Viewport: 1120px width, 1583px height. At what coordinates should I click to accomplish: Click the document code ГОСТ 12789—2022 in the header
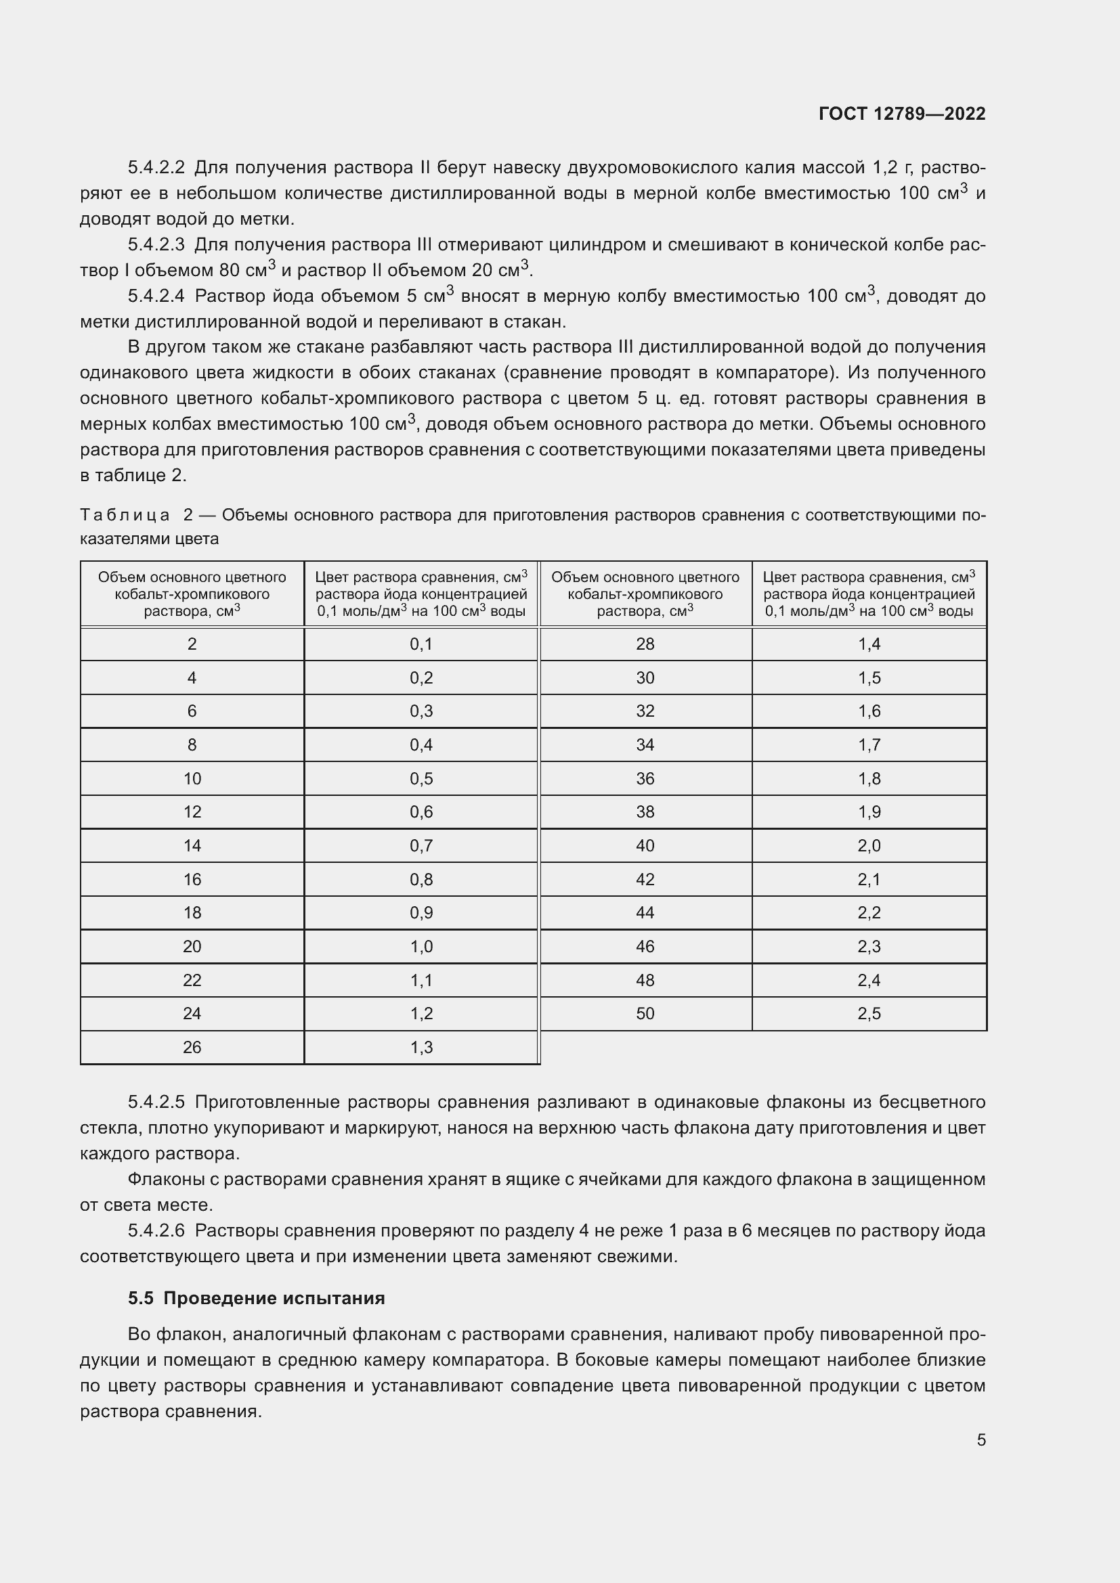click(x=901, y=114)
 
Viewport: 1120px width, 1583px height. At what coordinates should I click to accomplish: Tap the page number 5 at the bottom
click(x=981, y=1440)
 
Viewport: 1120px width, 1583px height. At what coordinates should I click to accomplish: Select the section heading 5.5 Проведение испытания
click(x=256, y=1298)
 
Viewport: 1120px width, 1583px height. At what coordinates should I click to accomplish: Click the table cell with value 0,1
click(x=421, y=644)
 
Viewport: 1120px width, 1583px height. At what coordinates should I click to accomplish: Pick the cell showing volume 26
click(x=192, y=1047)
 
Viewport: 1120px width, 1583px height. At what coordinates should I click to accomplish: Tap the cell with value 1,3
click(x=421, y=1047)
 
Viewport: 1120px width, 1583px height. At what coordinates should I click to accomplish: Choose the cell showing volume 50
click(x=645, y=1014)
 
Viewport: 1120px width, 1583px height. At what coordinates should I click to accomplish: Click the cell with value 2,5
click(x=869, y=1014)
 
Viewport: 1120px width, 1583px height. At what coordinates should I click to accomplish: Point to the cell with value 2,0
click(x=869, y=845)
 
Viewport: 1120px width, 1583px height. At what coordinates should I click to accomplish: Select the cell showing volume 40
click(x=645, y=845)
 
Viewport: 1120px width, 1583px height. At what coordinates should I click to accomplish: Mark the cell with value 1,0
click(x=421, y=946)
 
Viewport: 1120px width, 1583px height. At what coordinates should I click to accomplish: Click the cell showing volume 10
click(x=192, y=778)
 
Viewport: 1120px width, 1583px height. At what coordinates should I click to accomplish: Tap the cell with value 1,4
click(x=869, y=644)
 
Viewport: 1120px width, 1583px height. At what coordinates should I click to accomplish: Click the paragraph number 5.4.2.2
click(x=156, y=168)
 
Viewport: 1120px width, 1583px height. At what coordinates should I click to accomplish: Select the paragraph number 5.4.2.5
click(x=156, y=1102)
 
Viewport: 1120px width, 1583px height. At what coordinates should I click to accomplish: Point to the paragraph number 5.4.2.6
click(x=156, y=1230)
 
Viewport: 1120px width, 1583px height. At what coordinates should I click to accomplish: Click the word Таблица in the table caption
click(x=125, y=515)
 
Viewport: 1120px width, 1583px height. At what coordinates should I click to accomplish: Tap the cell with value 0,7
click(x=421, y=845)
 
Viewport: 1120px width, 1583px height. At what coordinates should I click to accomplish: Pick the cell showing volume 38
click(x=645, y=811)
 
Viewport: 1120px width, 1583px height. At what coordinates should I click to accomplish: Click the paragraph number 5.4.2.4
click(x=156, y=296)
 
